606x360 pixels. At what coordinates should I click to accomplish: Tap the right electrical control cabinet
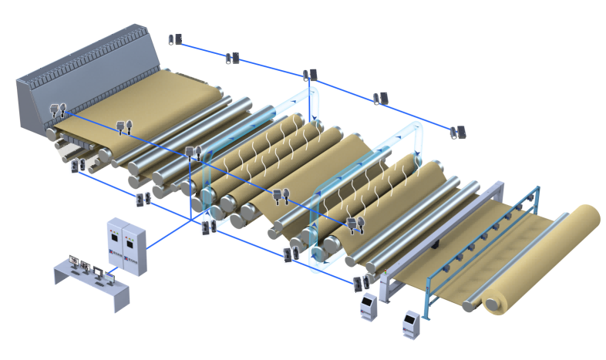pos(133,253)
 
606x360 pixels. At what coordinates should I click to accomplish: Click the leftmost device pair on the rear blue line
pos(175,39)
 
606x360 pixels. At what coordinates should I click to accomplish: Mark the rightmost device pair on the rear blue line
pos(458,132)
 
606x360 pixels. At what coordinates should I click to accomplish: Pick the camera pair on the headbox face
pos(57,109)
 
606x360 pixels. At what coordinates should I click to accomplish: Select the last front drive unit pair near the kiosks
pos(359,283)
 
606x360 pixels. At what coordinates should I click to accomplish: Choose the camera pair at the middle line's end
pos(355,224)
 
